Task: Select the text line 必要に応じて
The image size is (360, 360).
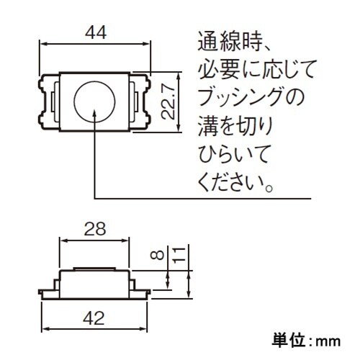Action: (256, 70)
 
